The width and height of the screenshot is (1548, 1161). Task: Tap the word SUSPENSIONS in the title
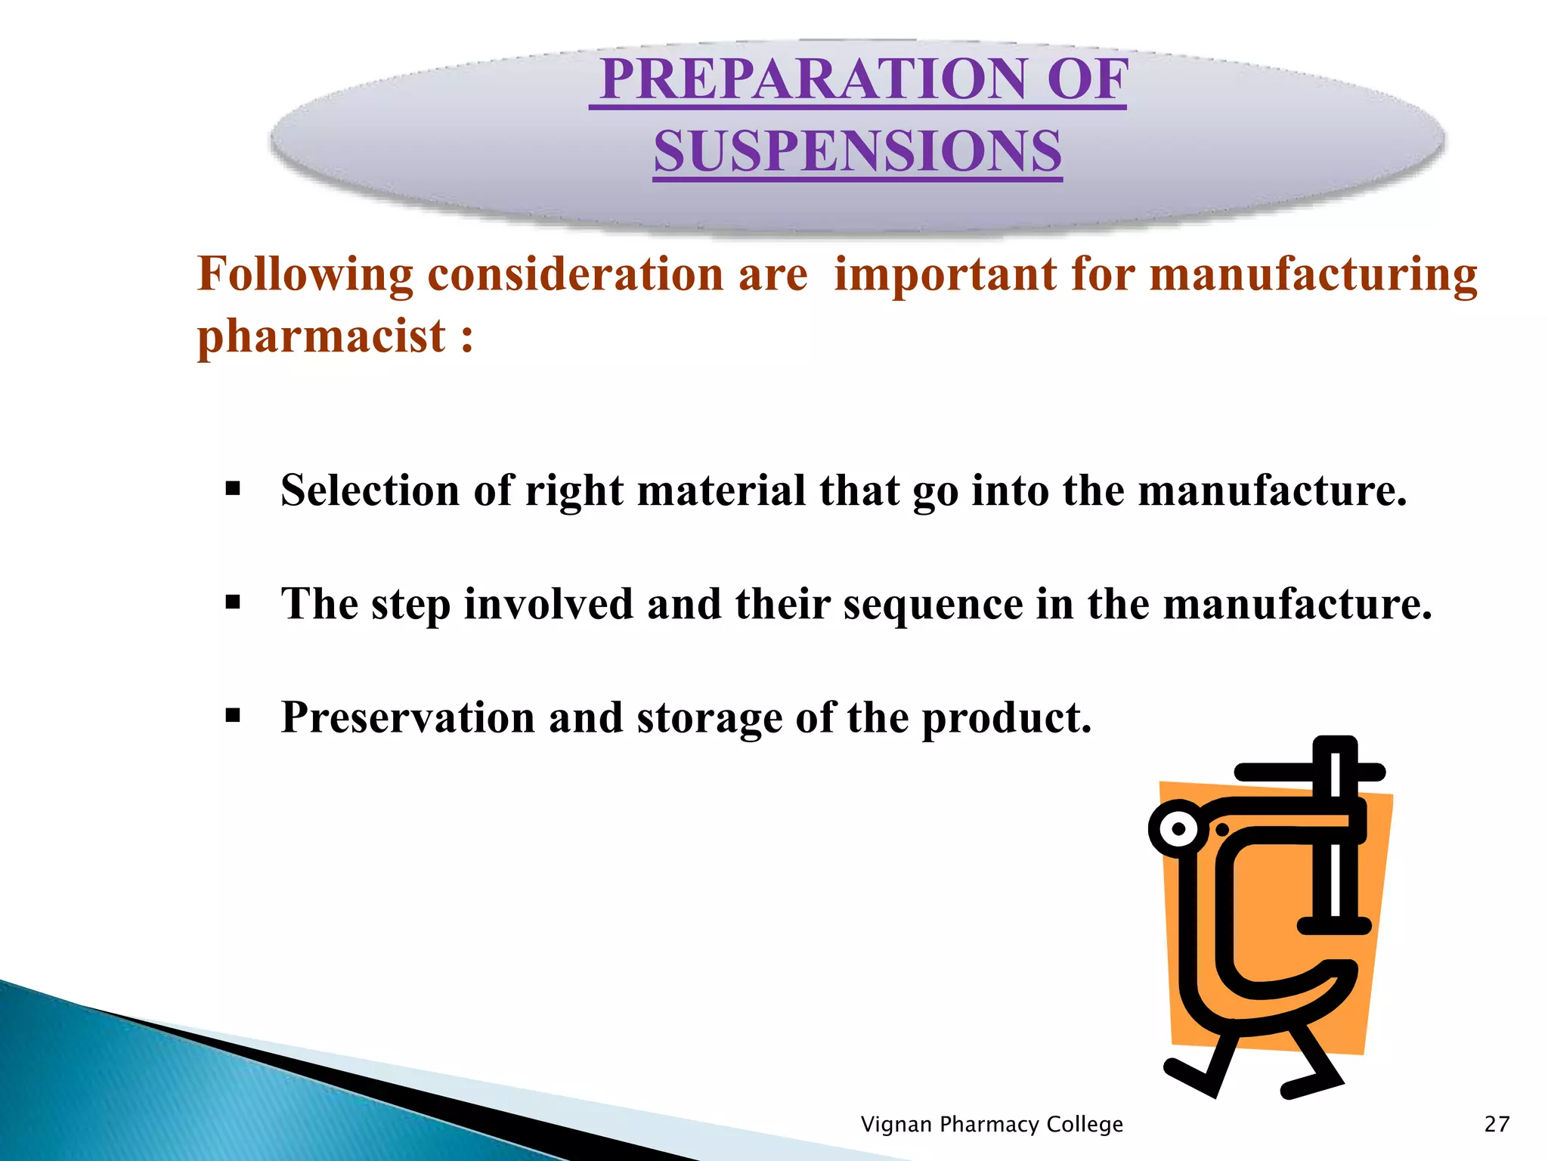click(x=858, y=150)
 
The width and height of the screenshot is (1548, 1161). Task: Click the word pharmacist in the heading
click(x=321, y=336)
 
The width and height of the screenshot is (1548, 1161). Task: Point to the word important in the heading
click(x=945, y=274)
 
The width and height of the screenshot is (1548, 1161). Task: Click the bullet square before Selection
click(x=233, y=488)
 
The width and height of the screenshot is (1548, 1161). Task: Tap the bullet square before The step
click(x=233, y=602)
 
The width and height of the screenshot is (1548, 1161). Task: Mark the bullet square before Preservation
click(x=233, y=715)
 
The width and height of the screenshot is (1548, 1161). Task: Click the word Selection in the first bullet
click(x=370, y=490)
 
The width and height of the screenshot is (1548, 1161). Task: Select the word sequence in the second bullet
click(x=933, y=604)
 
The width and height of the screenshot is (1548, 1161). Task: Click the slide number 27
click(x=1497, y=1124)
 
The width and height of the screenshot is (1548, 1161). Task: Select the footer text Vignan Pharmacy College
click(x=992, y=1124)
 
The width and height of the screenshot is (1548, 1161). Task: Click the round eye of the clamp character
click(x=1178, y=829)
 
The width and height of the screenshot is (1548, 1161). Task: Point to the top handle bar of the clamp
click(x=1309, y=772)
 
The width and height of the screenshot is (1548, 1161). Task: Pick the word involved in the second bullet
click(x=548, y=604)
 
